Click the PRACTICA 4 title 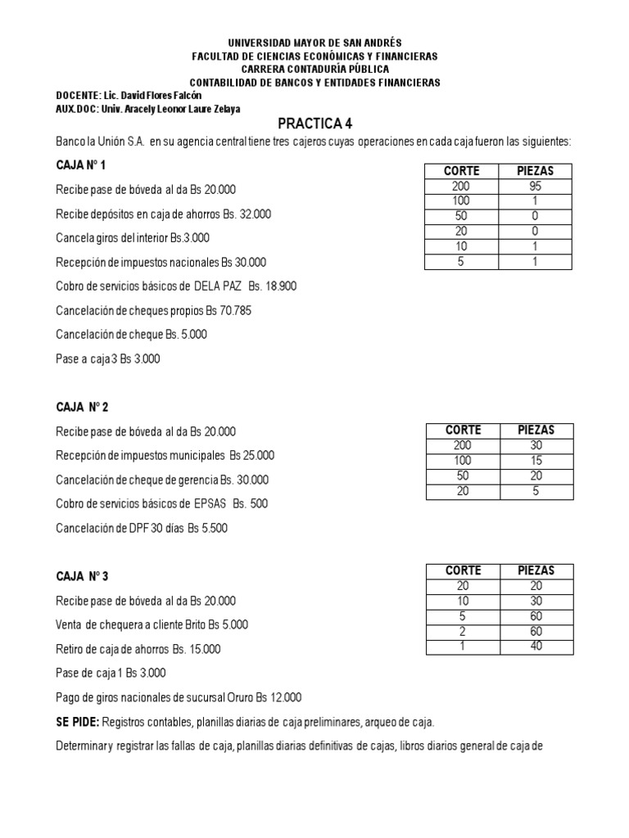pyautogui.click(x=314, y=124)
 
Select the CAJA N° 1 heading pyautogui.click(x=81, y=165)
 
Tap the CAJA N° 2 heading pyautogui.click(x=83, y=408)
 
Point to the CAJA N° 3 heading pyautogui.click(x=83, y=576)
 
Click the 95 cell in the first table pyautogui.click(x=536, y=187)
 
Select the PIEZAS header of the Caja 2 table pyautogui.click(x=536, y=430)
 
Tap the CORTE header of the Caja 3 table pyautogui.click(x=463, y=570)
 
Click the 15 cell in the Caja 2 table pyautogui.click(x=536, y=461)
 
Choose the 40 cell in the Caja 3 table pyautogui.click(x=536, y=647)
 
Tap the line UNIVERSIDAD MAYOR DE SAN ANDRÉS pyautogui.click(x=314, y=43)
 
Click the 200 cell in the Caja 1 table pyautogui.click(x=461, y=187)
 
